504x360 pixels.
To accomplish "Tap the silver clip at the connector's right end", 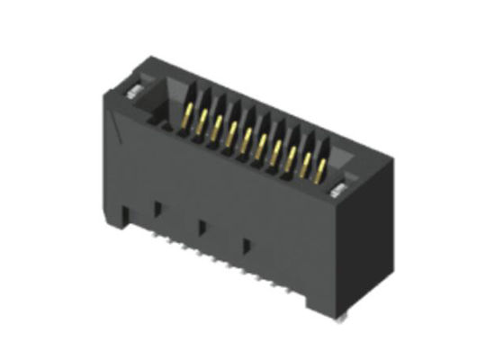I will coord(341,188).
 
